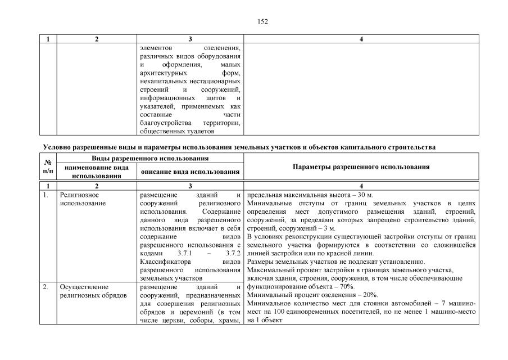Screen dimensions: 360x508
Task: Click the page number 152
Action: (x=262, y=21)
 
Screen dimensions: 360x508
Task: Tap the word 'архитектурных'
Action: (x=162, y=73)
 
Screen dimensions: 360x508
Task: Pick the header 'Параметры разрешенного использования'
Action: (x=361, y=167)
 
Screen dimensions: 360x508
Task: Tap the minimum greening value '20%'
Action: (x=370, y=294)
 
